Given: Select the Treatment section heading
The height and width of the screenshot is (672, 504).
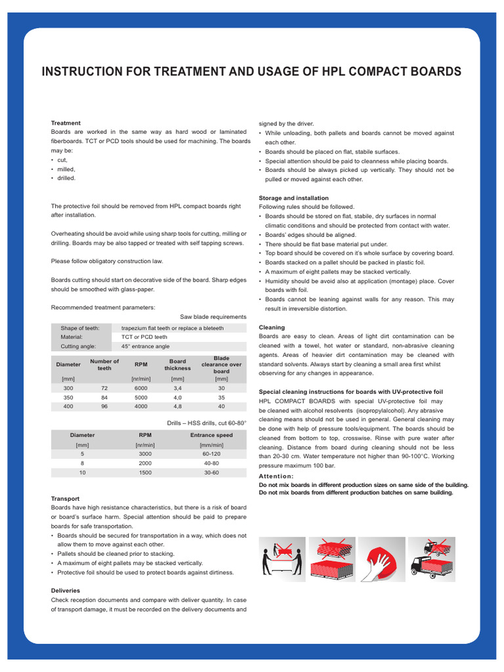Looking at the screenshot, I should click(x=66, y=123).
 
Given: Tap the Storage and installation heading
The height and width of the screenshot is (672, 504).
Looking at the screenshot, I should click(x=293, y=198).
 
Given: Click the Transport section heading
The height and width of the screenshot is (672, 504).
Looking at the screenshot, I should click(x=65, y=498).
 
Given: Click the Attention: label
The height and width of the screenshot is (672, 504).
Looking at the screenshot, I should click(x=276, y=476).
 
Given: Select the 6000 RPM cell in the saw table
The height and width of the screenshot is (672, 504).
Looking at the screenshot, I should click(x=140, y=388).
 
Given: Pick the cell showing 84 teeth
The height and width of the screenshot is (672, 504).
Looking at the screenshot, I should click(x=104, y=397).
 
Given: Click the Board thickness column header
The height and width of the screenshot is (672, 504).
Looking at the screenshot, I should click(x=177, y=364).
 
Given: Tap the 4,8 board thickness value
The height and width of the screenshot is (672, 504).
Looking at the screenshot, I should click(x=177, y=406).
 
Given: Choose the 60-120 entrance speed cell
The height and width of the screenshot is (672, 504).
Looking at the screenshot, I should click(x=211, y=453).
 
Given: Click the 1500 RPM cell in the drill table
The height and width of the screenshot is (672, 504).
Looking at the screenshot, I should click(x=145, y=472).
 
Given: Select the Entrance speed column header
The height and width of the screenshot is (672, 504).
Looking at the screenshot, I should click(x=211, y=434).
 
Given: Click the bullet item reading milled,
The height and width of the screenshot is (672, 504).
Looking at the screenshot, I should click(x=66, y=169).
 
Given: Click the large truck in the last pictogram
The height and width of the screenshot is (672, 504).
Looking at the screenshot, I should click(x=430, y=564).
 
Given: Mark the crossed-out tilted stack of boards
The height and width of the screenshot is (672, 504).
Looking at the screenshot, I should click(x=331, y=547).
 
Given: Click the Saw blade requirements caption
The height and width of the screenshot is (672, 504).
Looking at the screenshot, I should click(x=213, y=316).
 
